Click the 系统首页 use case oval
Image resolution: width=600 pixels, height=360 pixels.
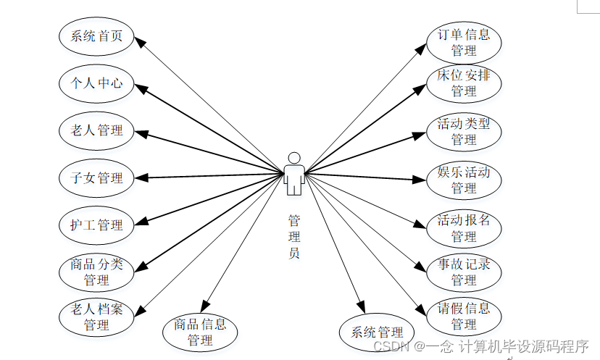tap(96, 37)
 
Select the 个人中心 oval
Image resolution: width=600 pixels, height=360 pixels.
tap(96, 83)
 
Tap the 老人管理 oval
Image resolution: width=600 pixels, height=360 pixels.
tap(96, 130)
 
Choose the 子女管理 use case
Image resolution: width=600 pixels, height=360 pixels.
tap(96, 177)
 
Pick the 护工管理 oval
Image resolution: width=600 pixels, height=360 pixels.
tap(96, 225)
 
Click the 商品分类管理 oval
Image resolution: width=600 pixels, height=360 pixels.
tap(96, 271)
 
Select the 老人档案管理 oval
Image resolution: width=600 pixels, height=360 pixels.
tap(96, 317)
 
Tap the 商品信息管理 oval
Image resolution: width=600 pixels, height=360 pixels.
tap(200, 332)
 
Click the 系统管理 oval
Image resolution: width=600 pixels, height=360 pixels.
tap(377, 332)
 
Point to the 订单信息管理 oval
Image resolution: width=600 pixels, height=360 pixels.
tap(464, 42)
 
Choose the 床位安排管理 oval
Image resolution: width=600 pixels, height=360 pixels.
tap(464, 83)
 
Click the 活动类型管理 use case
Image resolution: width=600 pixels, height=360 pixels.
tap(464, 131)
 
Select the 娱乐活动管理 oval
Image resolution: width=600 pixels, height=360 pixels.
tap(464, 180)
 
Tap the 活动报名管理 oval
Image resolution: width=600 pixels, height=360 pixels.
tap(464, 227)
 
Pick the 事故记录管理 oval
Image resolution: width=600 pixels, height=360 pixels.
tap(464, 272)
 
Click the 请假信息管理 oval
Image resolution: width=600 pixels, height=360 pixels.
tap(464, 317)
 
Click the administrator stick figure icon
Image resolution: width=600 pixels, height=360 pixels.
tap(293, 174)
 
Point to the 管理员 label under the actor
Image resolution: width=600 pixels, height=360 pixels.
tap(293, 236)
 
